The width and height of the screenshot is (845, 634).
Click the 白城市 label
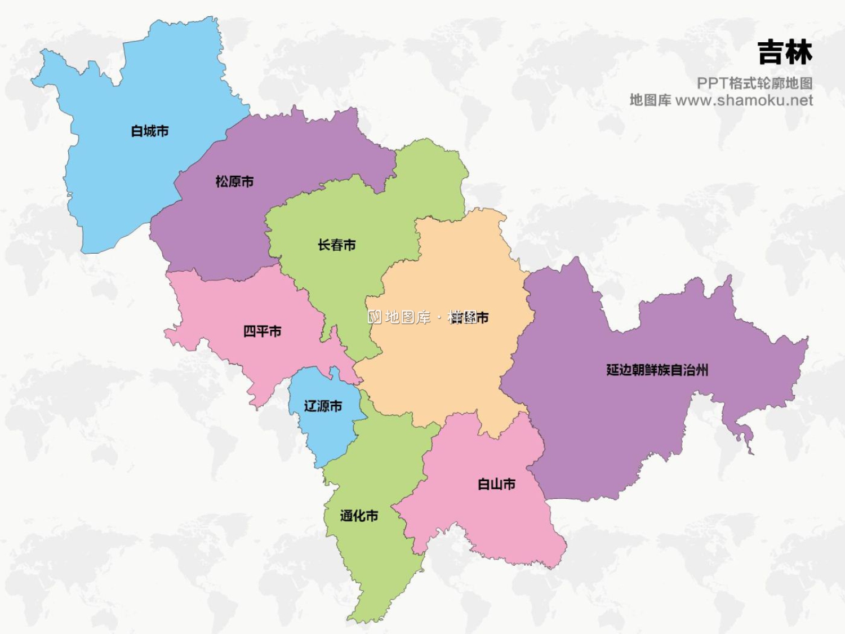(x=150, y=131)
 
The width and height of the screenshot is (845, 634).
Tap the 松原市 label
(x=234, y=181)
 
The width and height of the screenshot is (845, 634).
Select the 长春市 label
(x=336, y=245)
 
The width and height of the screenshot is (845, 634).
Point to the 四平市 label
(x=262, y=331)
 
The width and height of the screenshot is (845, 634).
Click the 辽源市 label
(x=323, y=406)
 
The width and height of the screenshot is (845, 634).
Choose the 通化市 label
(x=359, y=516)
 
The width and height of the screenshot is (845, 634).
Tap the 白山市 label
(x=496, y=484)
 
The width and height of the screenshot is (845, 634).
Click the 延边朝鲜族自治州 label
(x=657, y=370)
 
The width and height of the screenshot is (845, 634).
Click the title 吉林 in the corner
(x=785, y=52)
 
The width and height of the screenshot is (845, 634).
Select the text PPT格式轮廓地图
(x=754, y=83)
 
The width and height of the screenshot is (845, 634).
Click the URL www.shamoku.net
(x=744, y=101)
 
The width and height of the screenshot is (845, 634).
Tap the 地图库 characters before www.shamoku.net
(x=650, y=101)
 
